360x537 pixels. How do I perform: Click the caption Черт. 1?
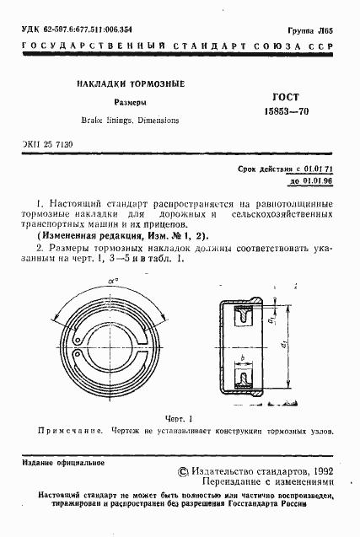(179, 418)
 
